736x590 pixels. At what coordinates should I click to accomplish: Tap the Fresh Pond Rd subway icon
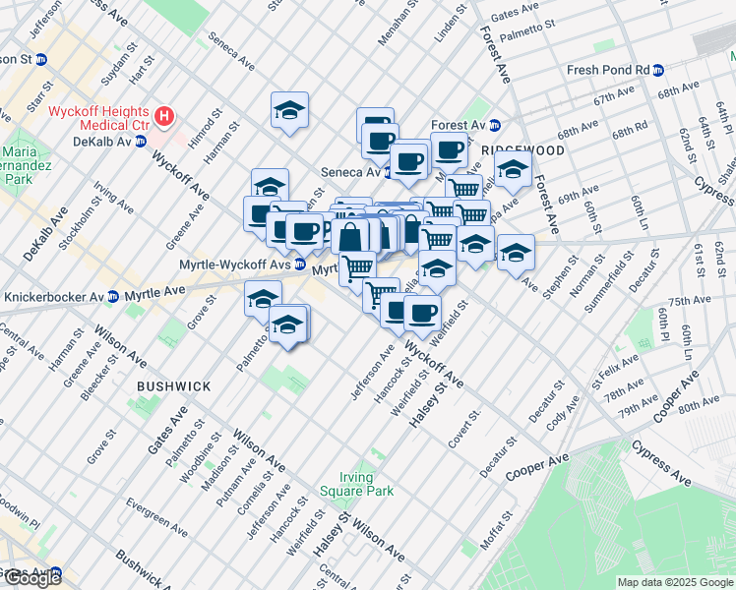coord(658,71)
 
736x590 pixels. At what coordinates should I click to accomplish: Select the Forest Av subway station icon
coord(495,126)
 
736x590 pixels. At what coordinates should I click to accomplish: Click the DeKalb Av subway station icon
coord(141,142)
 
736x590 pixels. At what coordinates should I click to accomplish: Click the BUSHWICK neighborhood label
coord(173,386)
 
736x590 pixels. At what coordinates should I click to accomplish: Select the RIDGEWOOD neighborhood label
coord(523,150)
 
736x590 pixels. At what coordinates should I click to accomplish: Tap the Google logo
coord(32,577)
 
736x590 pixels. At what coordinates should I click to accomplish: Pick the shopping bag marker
coord(349,235)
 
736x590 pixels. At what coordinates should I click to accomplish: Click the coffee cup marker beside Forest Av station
coord(449,150)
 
